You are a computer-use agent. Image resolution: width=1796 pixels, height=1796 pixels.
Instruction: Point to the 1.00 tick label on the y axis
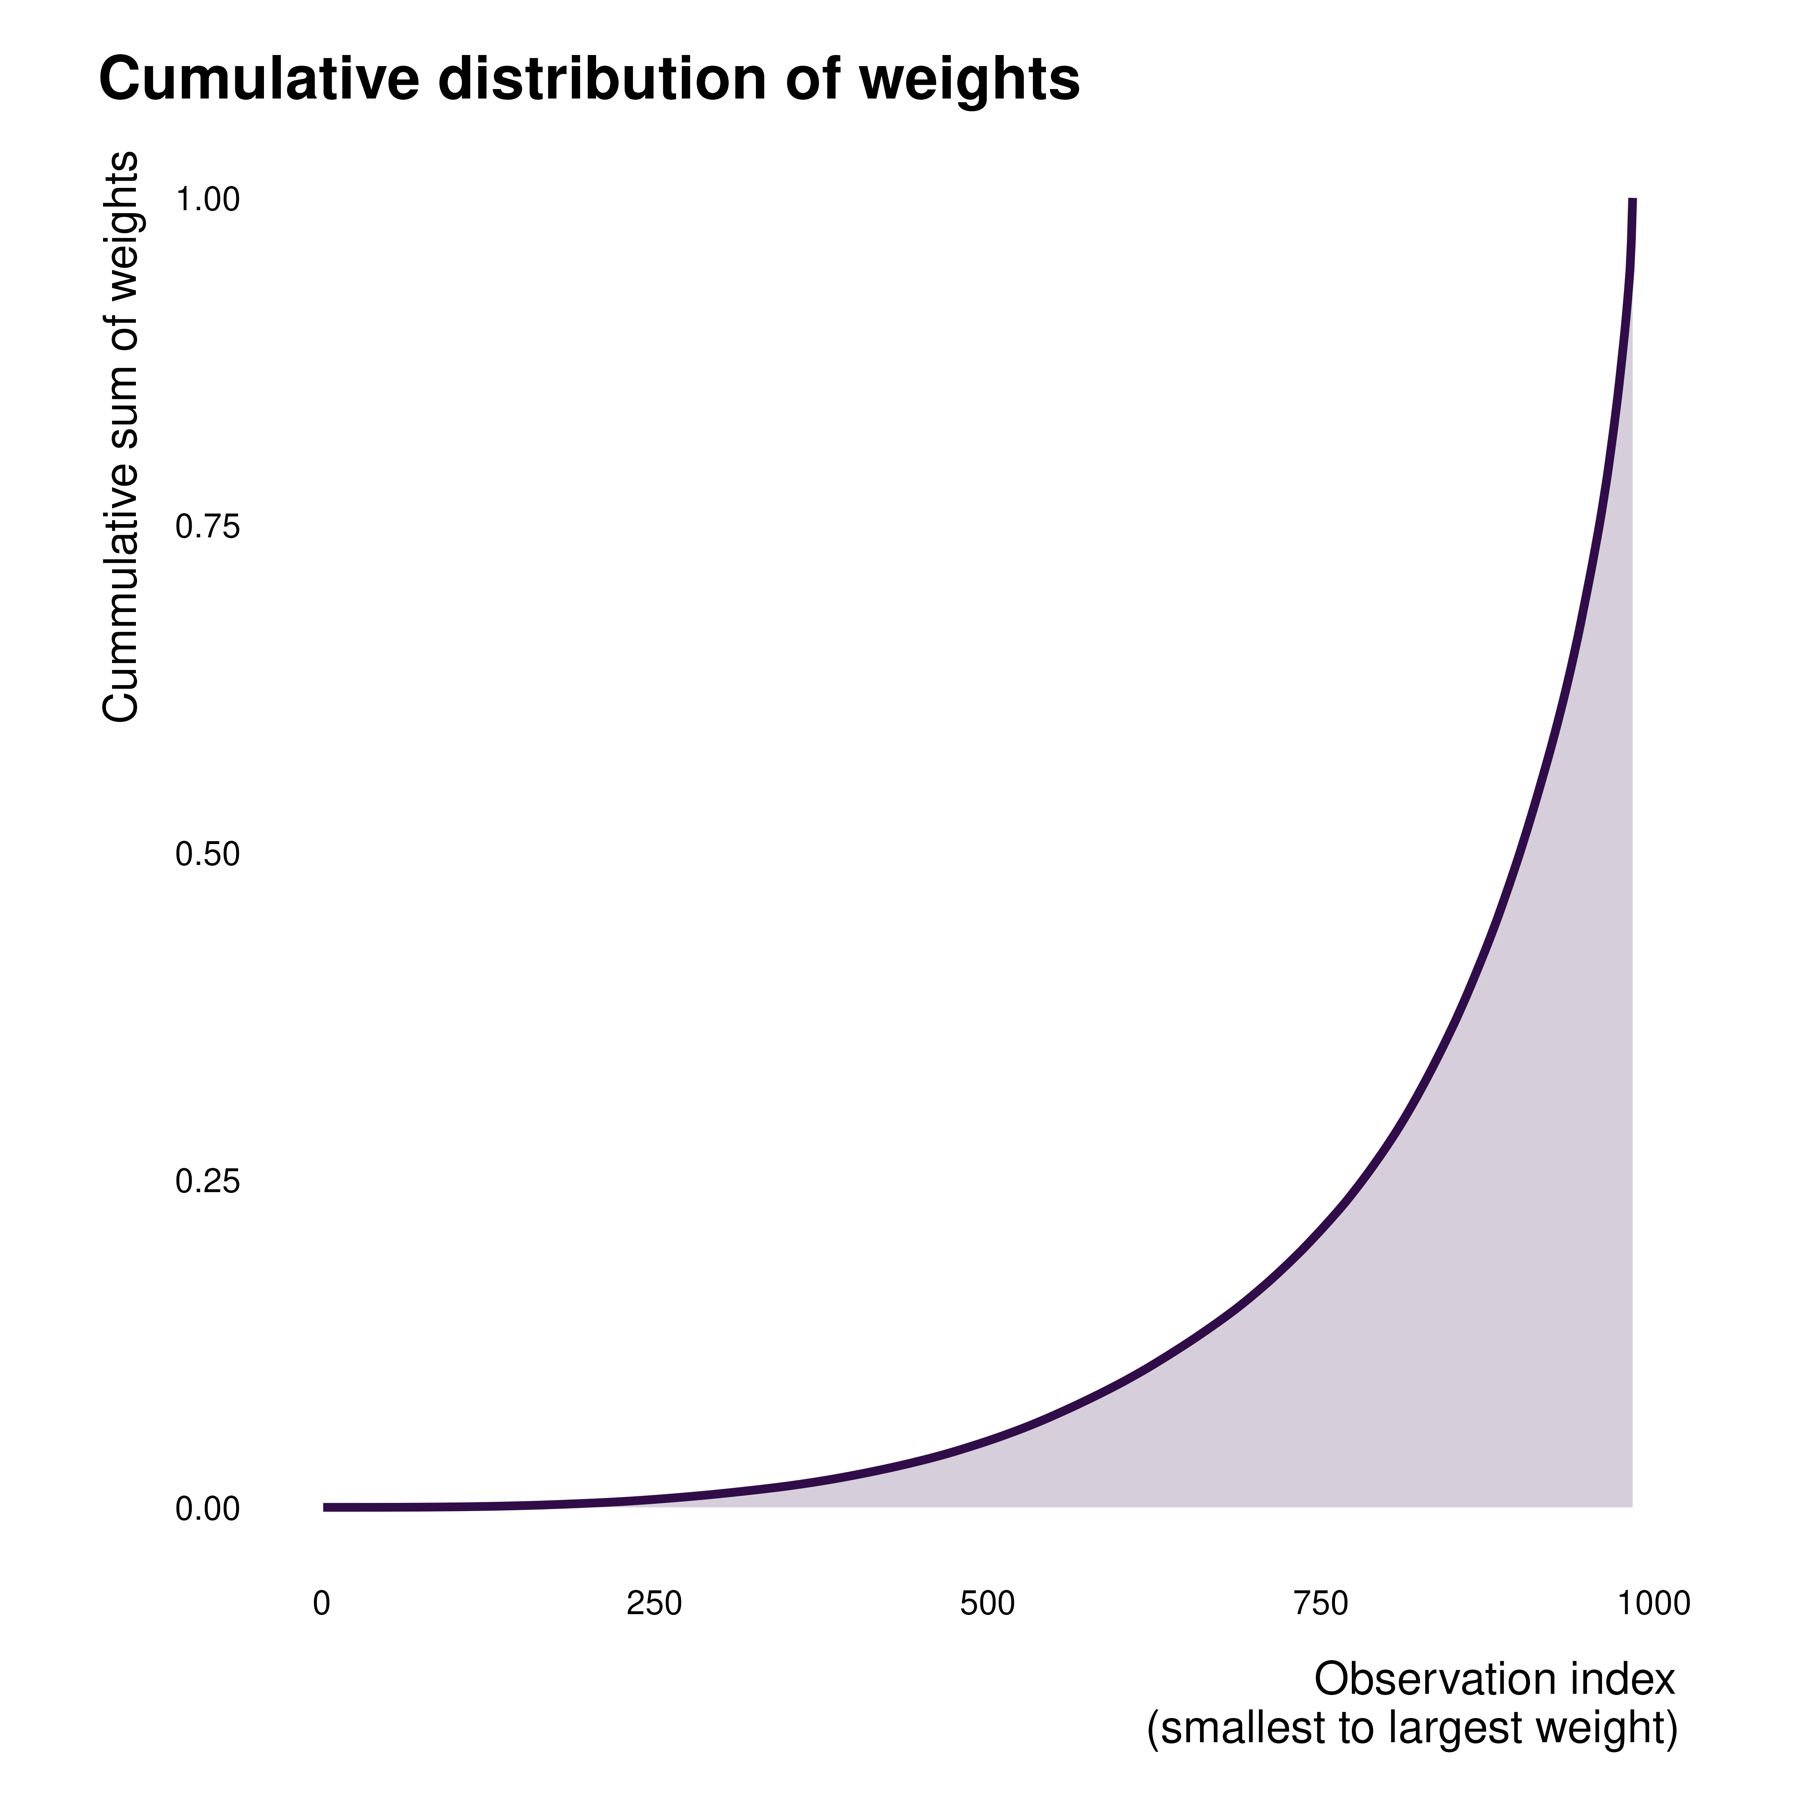(x=207, y=200)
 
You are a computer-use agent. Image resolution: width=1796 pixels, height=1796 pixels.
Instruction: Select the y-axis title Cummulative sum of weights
(x=121, y=437)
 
